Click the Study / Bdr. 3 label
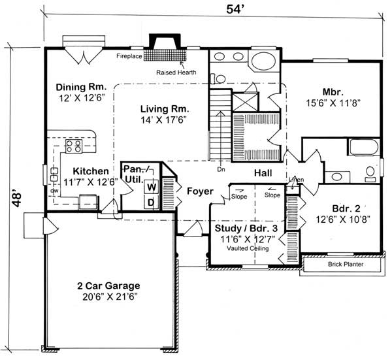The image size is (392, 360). (246, 229)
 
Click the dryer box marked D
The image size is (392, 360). (150, 202)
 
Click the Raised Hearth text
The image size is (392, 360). (171, 73)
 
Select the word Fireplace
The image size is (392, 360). (130, 56)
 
